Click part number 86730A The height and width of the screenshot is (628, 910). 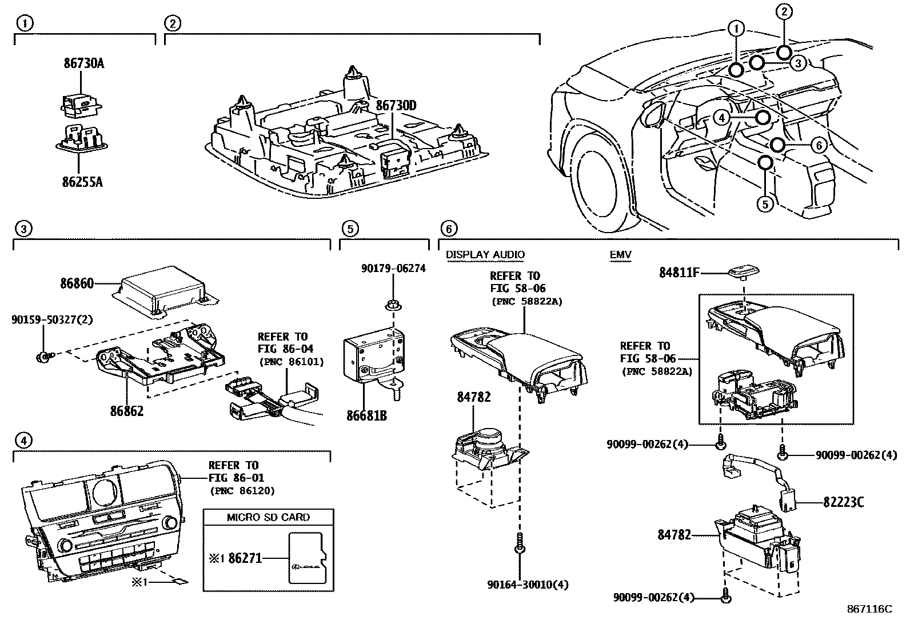(83, 63)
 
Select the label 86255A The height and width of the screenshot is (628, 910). (83, 182)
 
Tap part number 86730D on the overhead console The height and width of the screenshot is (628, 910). (396, 105)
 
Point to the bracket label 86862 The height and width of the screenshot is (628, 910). (127, 410)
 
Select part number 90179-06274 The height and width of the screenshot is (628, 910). (393, 268)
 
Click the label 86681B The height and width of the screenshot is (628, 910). (366, 415)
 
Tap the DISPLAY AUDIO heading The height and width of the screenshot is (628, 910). (485, 254)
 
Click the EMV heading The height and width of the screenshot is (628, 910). (620, 254)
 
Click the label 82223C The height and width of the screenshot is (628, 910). (843, 502)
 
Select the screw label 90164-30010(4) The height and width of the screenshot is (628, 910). (528, 585)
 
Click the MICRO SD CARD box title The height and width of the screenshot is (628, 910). (268, 517)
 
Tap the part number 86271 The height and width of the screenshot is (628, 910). (245, 558)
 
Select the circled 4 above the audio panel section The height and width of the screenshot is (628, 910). (23, 440)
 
